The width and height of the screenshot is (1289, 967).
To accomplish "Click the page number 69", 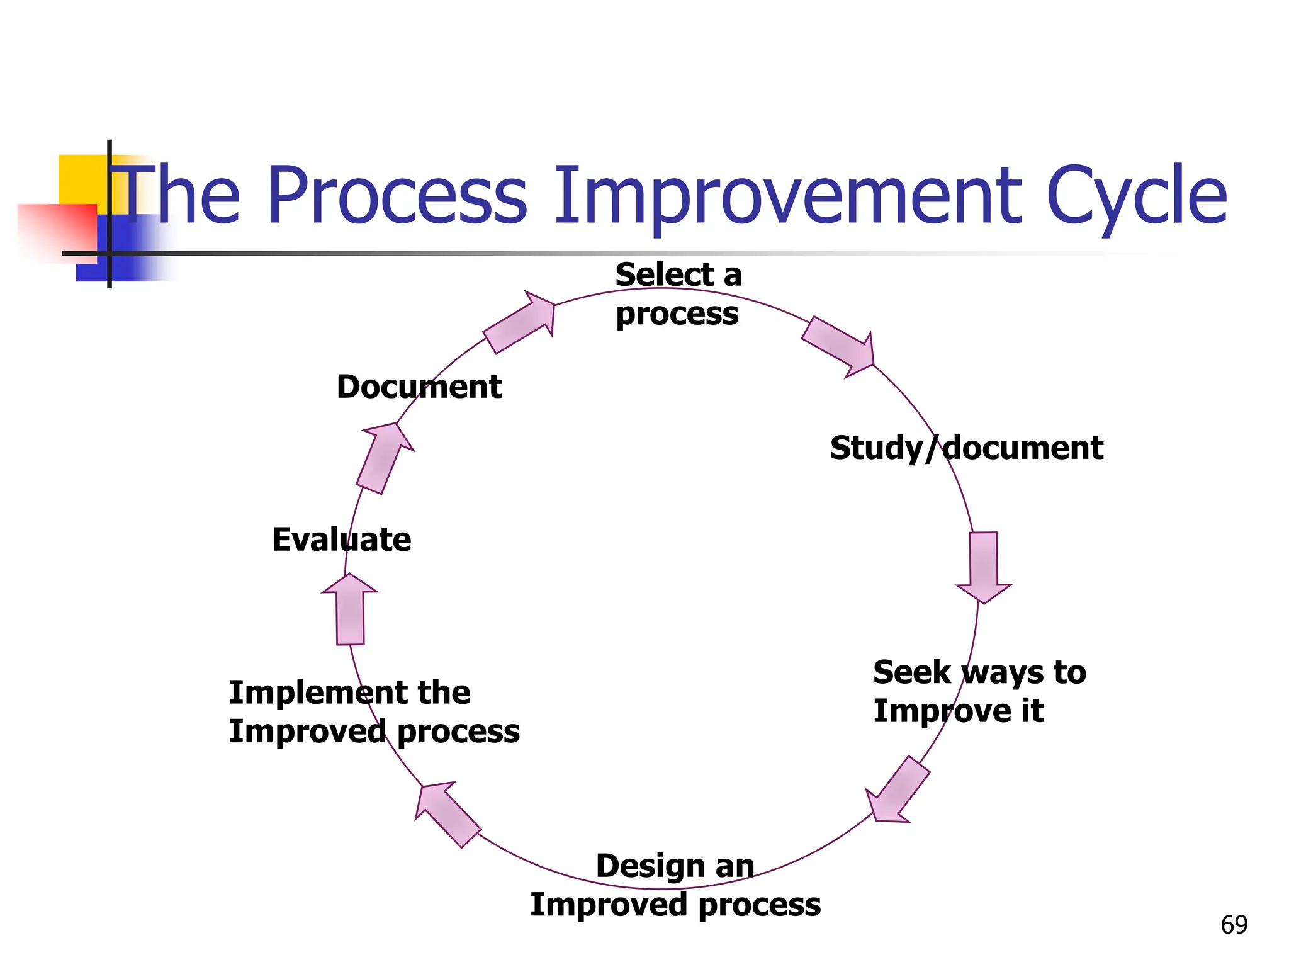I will pyautogui.click(x=1234, y=925).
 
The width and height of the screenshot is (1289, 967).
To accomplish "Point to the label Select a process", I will pyautogui.click(x=678, y=294).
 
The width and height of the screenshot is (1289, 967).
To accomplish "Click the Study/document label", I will pyautogui.click(x=966, y=448).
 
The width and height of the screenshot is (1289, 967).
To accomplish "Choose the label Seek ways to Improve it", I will pyautogui.click(x=979, y=691).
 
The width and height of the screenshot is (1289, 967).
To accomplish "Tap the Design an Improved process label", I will pyautogui.click(x=675, y=885).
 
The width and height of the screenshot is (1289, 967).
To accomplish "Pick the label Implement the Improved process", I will pyautogui.click(x=374, y=712).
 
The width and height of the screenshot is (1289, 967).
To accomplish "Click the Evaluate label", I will pyautogui.click(x=341, y=540).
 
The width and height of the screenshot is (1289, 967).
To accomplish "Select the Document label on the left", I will pyautogui.click(x=419, y=387).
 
